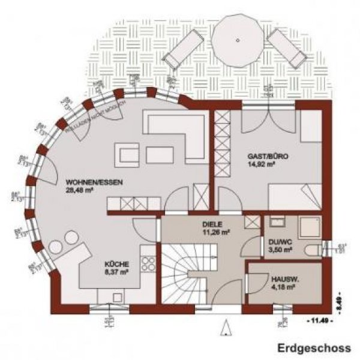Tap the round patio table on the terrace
pyautogui.click(x=238, y=41)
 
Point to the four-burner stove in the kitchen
pyautogui.click(x=149, y=266)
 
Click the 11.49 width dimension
pyautogui.click(x=317, y=322)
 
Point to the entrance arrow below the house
pyautogui.click(x=227, y=328)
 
